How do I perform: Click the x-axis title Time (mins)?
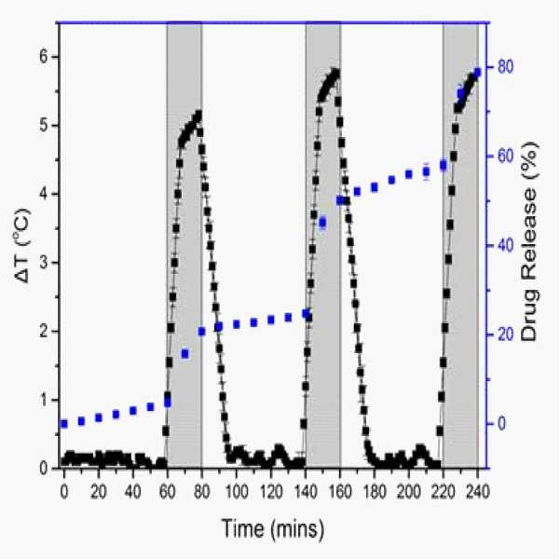point(273,529)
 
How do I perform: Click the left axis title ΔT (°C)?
point(24,246)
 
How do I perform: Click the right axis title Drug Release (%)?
point(529,241)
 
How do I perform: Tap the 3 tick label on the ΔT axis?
point(44,263)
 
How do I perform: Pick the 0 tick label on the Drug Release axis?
point(502,424)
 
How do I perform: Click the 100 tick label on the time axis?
point(236,492)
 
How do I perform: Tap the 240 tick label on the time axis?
point(477,492)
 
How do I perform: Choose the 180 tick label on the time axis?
point(374,492)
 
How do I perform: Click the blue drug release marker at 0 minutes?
point(64,424)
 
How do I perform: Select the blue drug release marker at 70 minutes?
point(184,354)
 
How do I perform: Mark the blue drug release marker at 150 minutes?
point(322,223)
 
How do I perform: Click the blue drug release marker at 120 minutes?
point(271,320)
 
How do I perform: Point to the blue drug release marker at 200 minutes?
point(408,174)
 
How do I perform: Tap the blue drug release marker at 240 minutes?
point(477,73)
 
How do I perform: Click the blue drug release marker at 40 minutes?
point(133,411)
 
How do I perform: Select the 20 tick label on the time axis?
point(99,492)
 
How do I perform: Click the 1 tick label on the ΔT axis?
point(44,400)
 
